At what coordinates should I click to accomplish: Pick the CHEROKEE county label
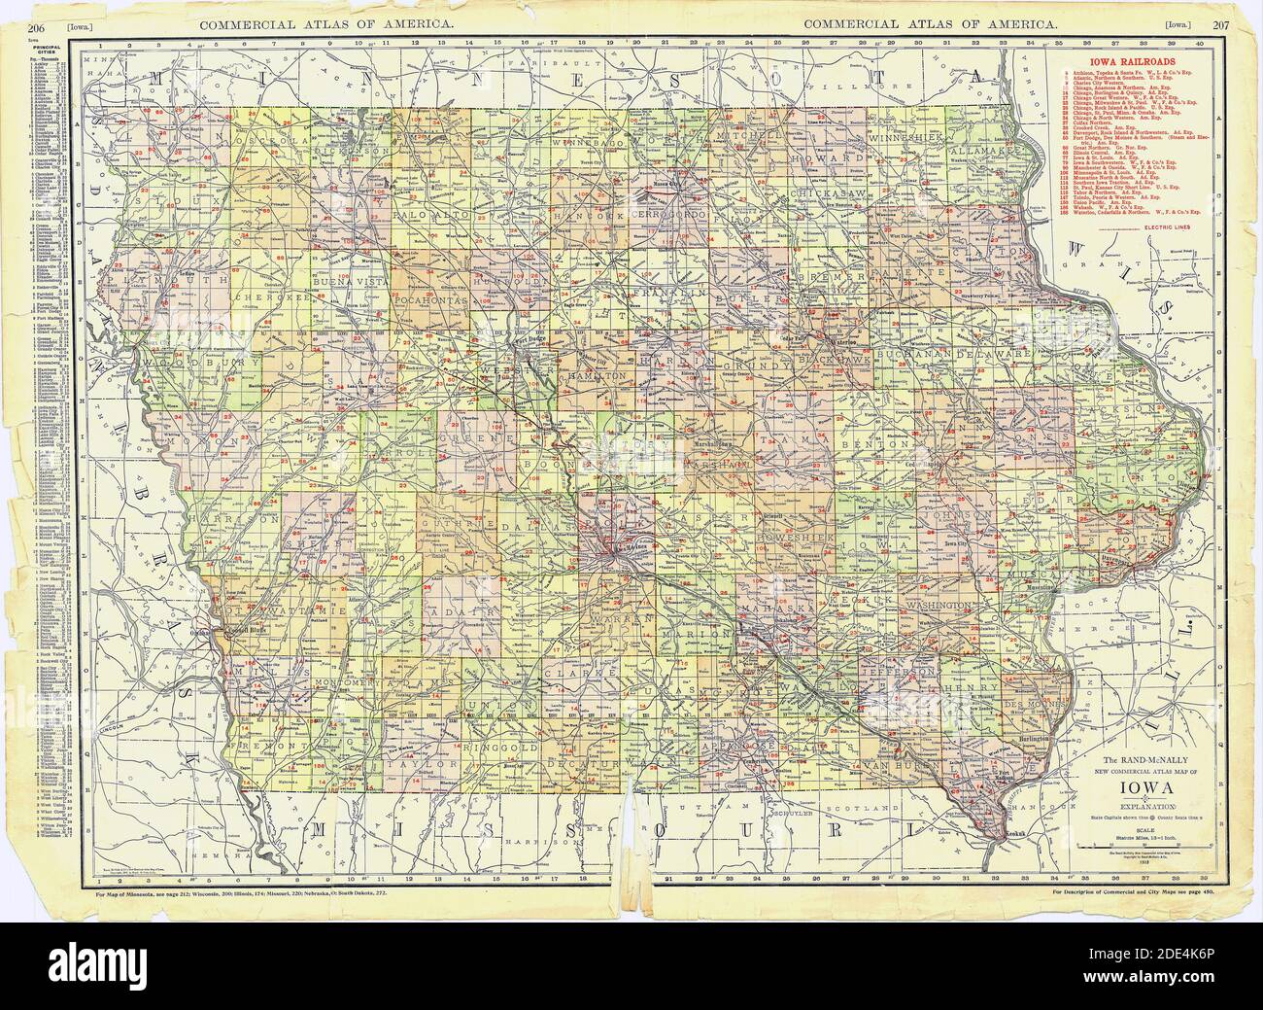[x=273, y=289]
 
